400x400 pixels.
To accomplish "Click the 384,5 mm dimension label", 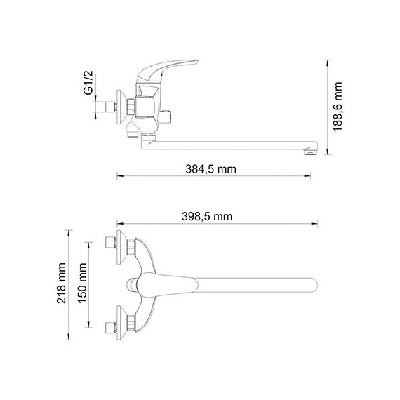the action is [x=211, y=169].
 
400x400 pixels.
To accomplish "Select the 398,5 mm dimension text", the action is [x=207, y=217].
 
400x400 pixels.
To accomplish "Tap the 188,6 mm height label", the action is [x=338, y=107].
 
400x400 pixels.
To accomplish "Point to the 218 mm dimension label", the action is [x=61, y=284].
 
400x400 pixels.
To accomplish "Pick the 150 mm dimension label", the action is [x=82, y=284].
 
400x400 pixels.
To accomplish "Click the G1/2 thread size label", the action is [x=88, y=83].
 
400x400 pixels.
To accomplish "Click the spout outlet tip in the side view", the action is [x=311, y=152].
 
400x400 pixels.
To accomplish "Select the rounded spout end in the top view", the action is [x=312, y=285].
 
